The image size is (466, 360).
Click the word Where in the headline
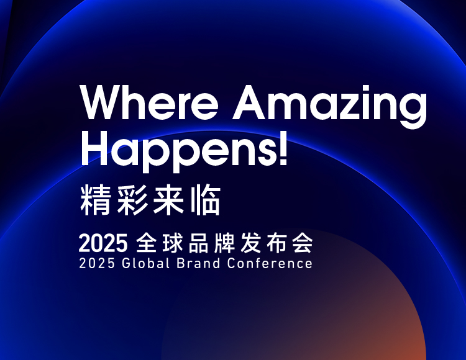pyautogui.click(x=150, y=102)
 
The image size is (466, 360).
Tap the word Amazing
pyautogui.click(x=329, y=107)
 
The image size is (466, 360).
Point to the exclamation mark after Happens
pyautogui.click(x=283, y=149)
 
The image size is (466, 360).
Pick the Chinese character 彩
pyautogui.click(x=132, y=200)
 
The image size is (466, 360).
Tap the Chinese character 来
pyautogui.click(x=168, y=200)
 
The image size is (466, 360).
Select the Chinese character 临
pyautogui.click(x=205, y=200)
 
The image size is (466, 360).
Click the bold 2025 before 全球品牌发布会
pyautogui.click(x=103, y=243)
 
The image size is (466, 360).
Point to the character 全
pyautogui.click(x=147, y=243)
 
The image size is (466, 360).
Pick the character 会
pyautogui.click(x=303, y=243)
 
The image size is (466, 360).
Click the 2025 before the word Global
pyautogui.click(x=97, y=264)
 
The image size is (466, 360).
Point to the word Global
pyautogui.click(x=145, y=264)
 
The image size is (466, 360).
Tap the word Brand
pyautogui.click(x=199, y=264)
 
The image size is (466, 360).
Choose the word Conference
pyautogui.click(x=270, y=264)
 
